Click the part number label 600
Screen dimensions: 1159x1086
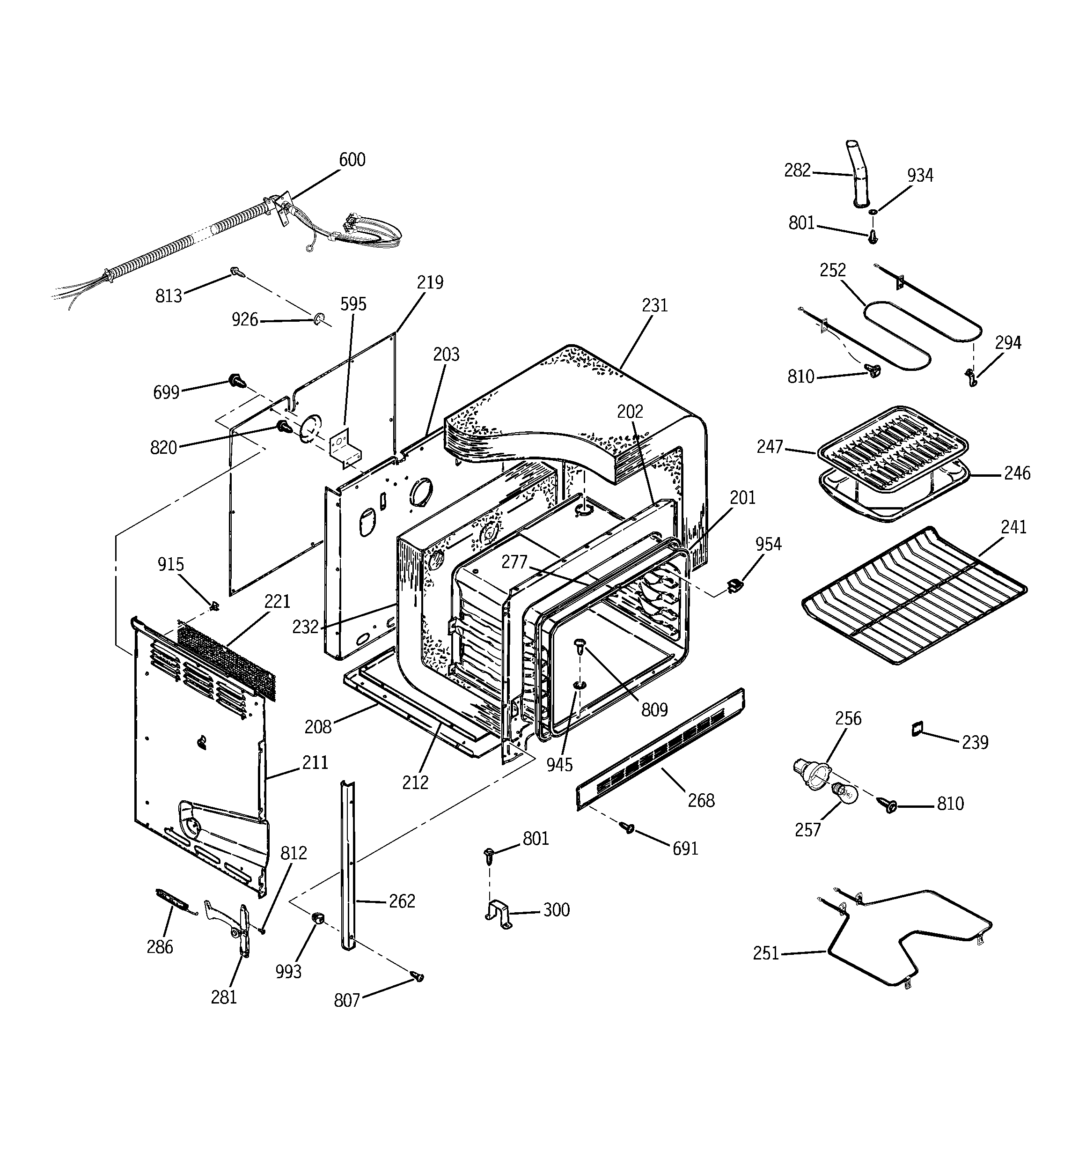352,160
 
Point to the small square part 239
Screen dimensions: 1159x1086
918,729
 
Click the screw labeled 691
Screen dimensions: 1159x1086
628,827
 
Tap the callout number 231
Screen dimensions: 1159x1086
654,305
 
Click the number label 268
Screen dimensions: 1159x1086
700,801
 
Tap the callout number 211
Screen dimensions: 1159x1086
315,762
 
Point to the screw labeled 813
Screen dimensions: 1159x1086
237,272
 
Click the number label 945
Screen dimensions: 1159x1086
559,765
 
